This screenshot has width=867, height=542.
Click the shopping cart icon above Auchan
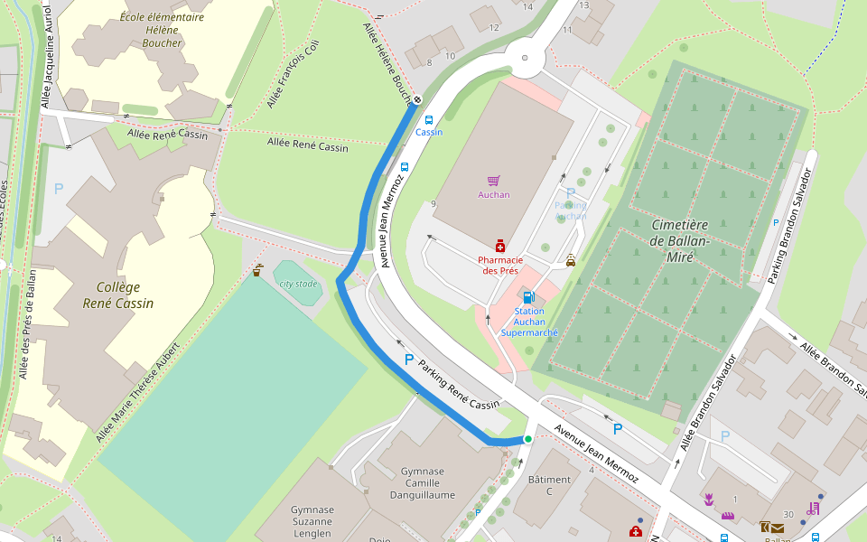(x=493, y=181)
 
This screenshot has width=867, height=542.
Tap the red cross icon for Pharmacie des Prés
(x=499, y=246)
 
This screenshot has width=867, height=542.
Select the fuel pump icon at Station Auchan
(x=527, y=296)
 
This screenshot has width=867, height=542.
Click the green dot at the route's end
(x=528, y=439)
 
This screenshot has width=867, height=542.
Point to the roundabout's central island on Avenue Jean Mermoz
(x=525, y=59)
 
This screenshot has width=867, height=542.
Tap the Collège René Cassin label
(x=117, y=295)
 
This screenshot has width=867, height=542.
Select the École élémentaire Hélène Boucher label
(x=162, y=30)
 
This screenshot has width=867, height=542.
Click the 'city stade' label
(x=298, y=284)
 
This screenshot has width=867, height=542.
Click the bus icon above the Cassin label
(x=428, y=119)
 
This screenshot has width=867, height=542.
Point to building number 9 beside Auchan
(x=433, y=203)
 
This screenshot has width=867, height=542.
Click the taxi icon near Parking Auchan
(x=570, y=261)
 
